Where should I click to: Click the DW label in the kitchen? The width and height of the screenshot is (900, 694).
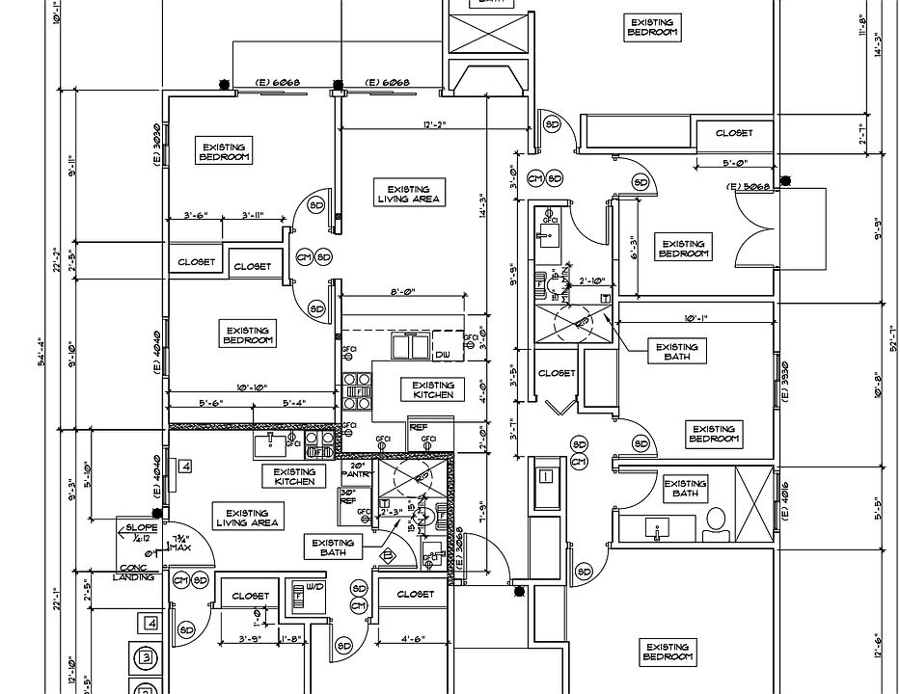[x=443, y=356]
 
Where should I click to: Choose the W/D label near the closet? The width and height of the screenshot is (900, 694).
[x=314, y=586]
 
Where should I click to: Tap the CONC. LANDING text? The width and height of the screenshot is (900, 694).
[x=133, y=572]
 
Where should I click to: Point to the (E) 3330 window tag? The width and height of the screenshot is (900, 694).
[x=785, y=383]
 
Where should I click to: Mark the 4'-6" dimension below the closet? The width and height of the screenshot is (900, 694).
[x=414, y=637]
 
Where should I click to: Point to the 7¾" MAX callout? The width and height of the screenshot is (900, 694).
[x=179, y=542]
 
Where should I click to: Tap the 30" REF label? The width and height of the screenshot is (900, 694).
[x=348, y=496]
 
